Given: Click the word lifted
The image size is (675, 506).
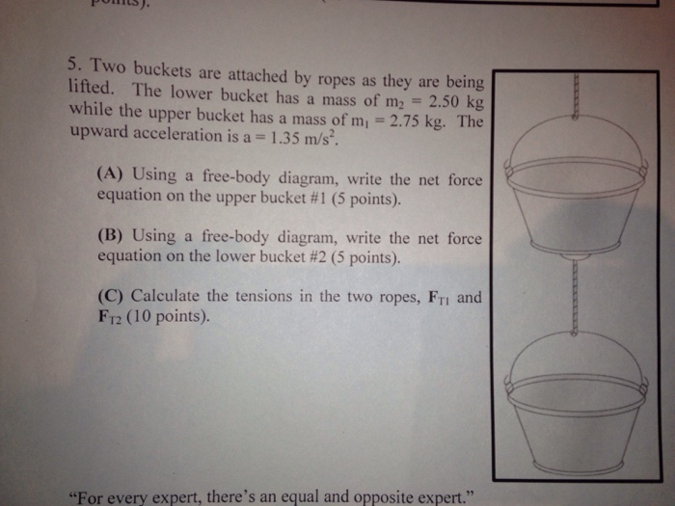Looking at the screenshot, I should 92,90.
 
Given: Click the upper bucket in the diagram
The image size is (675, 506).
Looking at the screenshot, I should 575,193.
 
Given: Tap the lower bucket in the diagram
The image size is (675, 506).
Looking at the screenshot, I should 575,405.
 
